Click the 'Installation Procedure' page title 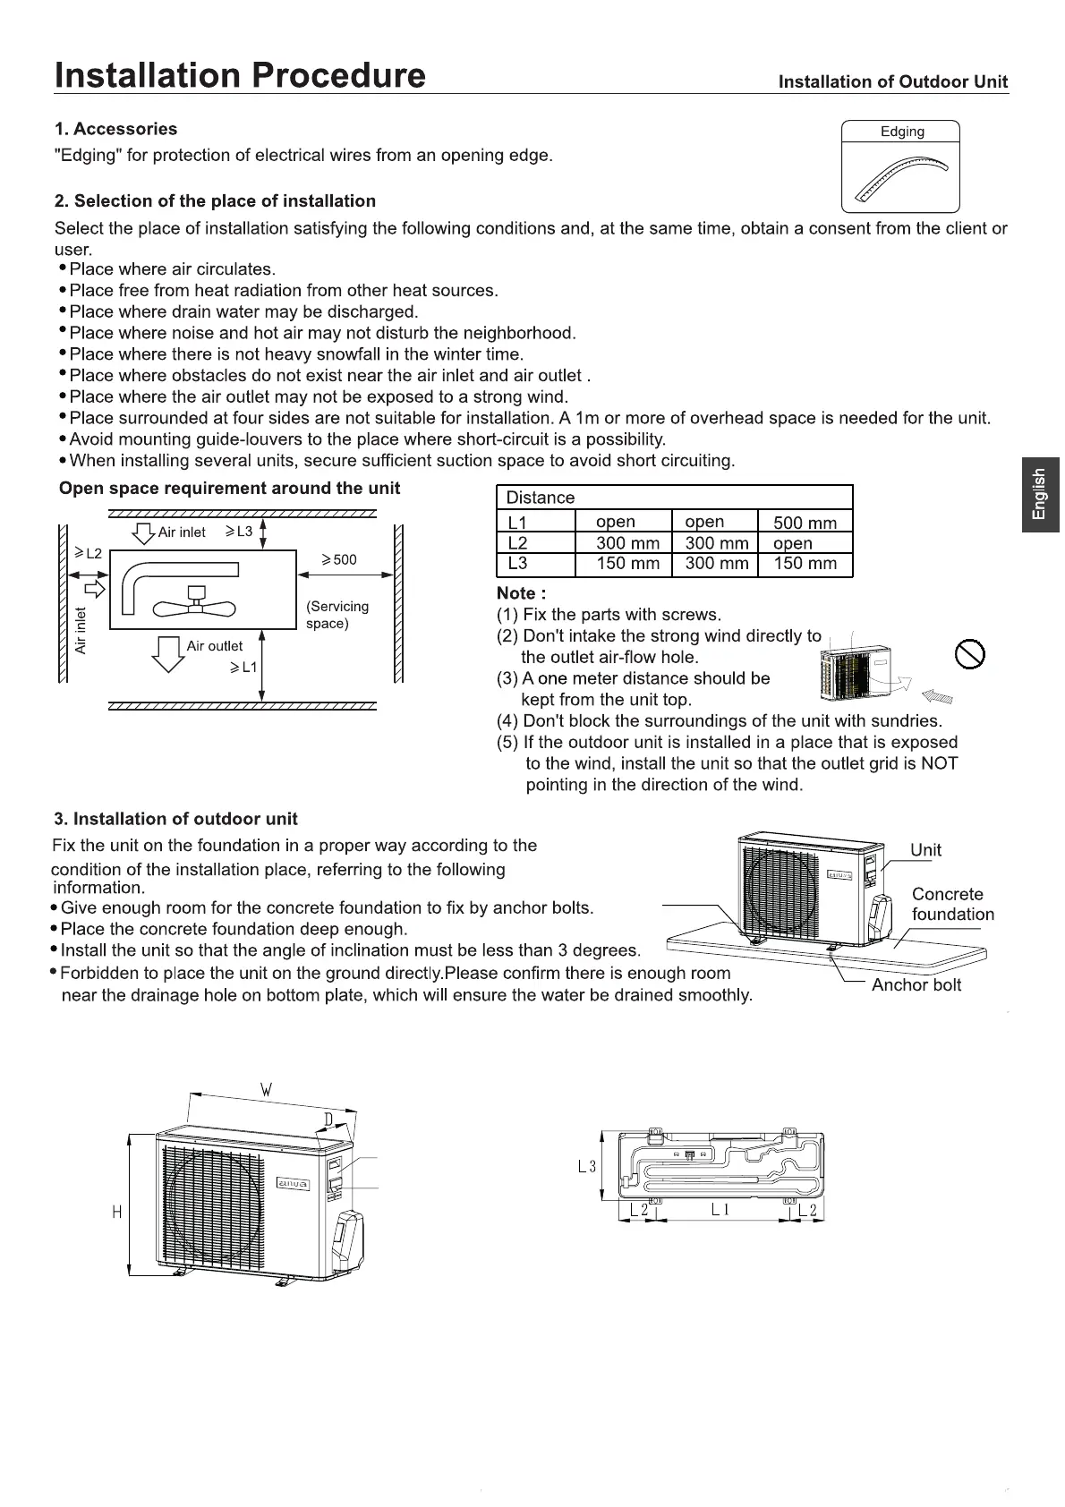[240, 74]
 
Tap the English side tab [1039, 494]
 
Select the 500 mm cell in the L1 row [805, 523]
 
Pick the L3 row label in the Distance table [517, 564]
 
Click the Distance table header [541, 498]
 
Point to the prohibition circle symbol [970, 654]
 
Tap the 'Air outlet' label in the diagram [214, 646]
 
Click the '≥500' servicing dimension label [339, 560]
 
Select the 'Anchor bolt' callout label [916, 985]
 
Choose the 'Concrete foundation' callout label [951, 904]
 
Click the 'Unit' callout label [925, 850]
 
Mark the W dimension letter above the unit [266, 1090]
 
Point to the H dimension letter [116, 1213]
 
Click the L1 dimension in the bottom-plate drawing [720, 1210]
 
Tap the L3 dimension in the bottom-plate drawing [586, 1166]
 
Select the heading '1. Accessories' [115, 129]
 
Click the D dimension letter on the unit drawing [328, 1120]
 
